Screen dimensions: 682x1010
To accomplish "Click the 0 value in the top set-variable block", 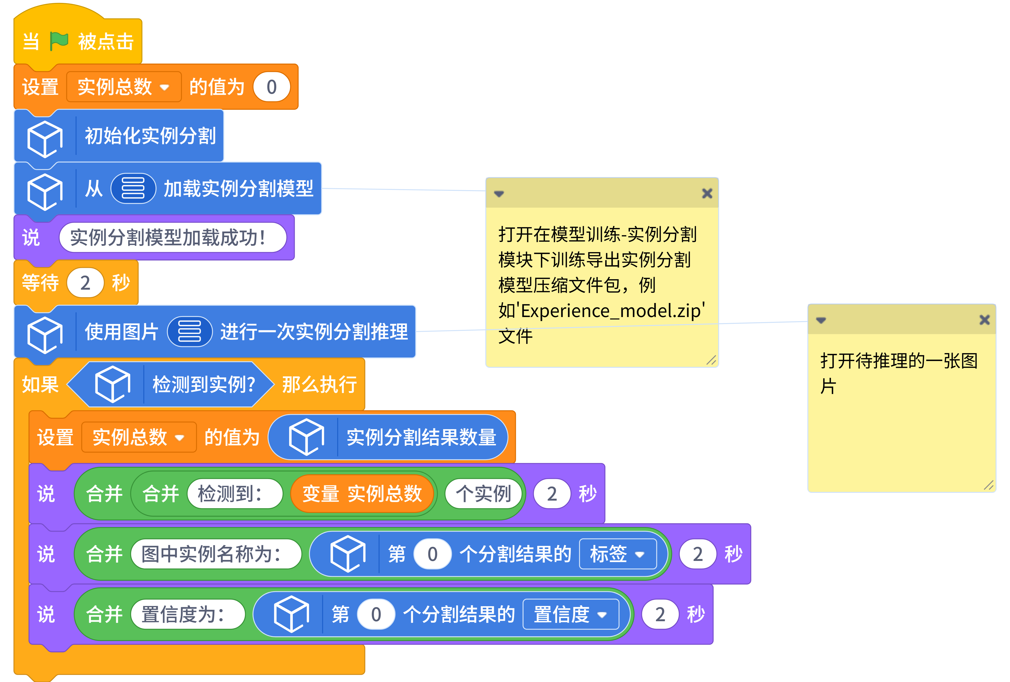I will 272,87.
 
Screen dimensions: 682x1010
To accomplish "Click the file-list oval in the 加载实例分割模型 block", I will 133,188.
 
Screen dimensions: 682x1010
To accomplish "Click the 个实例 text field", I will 483,494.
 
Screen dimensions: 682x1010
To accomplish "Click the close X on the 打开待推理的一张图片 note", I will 984,320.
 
